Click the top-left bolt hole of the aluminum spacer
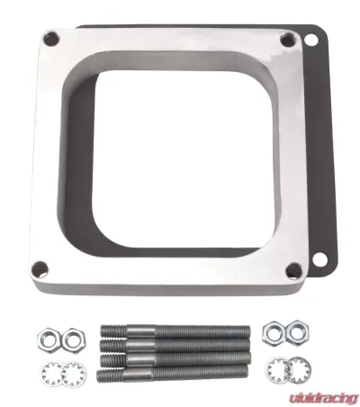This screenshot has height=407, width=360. coord(51,38)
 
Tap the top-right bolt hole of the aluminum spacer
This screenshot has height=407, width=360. coord(288,41)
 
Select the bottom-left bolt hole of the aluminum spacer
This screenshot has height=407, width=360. coord(40,268)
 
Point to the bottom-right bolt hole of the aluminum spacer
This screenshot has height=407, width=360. coord(293,270)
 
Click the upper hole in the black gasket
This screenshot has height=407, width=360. coord(310,40)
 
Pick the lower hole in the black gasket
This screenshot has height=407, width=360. coord(319,259)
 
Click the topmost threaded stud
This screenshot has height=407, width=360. coord(175,331)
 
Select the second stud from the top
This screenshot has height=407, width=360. coord(175,346)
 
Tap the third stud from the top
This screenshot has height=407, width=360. coord(175,359)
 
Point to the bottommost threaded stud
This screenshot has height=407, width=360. coord(173,373)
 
